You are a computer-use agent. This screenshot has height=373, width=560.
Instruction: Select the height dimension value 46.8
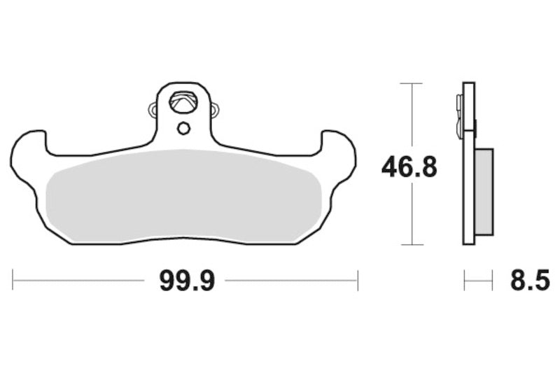click(409, 167)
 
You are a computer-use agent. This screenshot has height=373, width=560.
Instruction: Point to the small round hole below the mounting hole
click(183, 128)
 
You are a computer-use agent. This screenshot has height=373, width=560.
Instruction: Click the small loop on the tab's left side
click(153, 109)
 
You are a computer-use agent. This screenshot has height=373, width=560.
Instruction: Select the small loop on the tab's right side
click(214, 109)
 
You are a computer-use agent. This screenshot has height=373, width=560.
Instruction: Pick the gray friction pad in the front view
click(183, 196)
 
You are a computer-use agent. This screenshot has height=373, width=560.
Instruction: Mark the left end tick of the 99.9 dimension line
click(13, 281)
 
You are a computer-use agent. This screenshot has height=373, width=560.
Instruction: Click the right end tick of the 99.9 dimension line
click(358, 281)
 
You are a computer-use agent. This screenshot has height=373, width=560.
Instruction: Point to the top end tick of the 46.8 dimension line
click(411, 83)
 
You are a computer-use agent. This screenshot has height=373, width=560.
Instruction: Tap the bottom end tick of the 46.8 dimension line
click(411, 244)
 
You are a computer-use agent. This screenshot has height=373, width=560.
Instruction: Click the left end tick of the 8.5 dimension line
click(464, 281)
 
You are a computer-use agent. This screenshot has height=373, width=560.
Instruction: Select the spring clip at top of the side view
click(458, 112)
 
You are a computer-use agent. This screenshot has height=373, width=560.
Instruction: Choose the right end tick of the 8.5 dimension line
click(493, 281)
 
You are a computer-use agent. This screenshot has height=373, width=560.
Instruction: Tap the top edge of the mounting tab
click(183, 83)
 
